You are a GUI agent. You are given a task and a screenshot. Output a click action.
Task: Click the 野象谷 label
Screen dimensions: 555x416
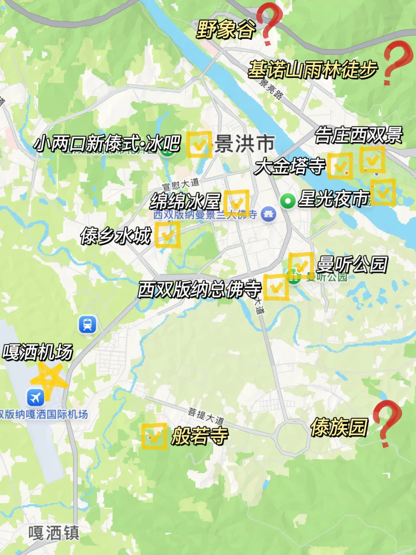click(226, 29)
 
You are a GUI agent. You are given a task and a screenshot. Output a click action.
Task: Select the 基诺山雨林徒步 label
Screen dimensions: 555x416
click(312, 70)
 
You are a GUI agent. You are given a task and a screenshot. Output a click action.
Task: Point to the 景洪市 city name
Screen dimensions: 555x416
click(245, 144)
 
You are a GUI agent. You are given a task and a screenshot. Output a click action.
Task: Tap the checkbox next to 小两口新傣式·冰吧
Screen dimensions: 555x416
click(199, 145)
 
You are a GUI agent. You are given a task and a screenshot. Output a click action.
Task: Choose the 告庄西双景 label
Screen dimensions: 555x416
click(359, 135)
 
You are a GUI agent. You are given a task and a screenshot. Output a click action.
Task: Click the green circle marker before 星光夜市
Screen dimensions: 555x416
click(287, 201)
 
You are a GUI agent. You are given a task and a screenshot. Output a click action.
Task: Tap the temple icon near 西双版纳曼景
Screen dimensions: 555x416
click(268, 214)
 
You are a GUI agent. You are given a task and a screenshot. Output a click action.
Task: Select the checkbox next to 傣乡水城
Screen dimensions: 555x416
click(168, 234)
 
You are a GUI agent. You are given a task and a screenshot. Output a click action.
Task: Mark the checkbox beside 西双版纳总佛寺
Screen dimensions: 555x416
click(276, 287)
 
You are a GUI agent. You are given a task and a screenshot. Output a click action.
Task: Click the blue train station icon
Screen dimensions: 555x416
click(87, 324)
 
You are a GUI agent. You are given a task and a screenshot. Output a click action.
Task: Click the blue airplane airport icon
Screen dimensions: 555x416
click(35, 397)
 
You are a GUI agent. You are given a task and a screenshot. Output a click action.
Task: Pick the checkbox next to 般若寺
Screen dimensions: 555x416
click(154, 436)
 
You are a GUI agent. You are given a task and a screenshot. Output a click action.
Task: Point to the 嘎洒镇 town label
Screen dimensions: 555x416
click(54, 533)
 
